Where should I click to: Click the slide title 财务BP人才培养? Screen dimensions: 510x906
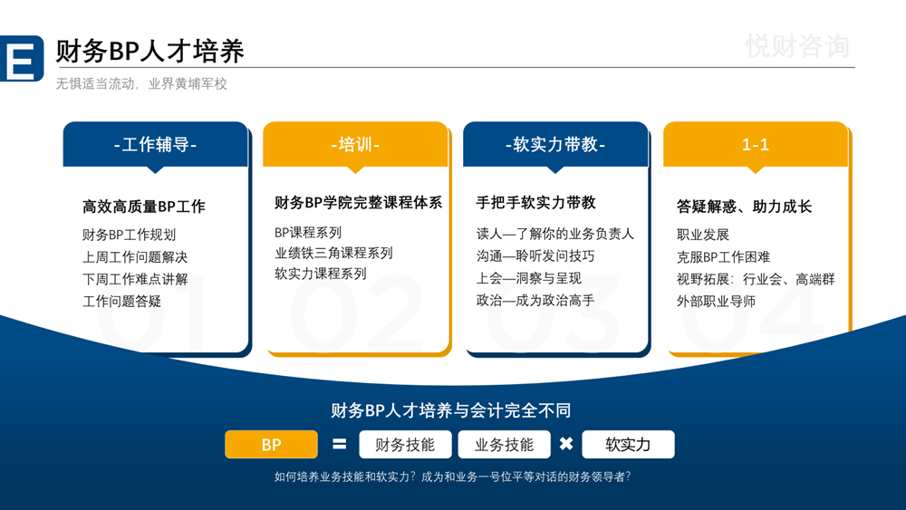tap(149, 51)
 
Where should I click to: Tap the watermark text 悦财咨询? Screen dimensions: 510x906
tap(797, 45)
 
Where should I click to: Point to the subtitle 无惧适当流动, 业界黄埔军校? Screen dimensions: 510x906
tap(141, 83)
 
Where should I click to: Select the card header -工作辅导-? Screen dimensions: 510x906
tap(155, 145)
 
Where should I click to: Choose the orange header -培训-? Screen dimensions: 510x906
tap(355, 145)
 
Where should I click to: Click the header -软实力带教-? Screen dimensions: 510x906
tap(555, 145)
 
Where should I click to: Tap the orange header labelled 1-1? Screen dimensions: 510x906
tap(756, 145)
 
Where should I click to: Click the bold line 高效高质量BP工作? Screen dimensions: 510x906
tap(144, 207)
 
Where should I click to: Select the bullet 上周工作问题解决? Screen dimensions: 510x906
tap(135, 257)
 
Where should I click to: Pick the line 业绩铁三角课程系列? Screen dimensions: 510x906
tap(333, 253)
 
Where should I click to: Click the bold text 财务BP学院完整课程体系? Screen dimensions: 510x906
tap(358, 202)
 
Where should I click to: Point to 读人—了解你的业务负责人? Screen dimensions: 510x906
tap(555, 234)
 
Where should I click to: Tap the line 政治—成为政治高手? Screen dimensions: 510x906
tap(535, 300)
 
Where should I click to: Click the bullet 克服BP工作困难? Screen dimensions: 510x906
tap(723, 256)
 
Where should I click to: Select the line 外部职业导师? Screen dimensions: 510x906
tap(716, 301)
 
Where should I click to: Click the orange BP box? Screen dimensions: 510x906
tap(271, 445)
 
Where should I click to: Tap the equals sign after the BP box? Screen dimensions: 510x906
tap(340, 445)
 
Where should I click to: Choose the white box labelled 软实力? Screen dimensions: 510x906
tap(628, 445)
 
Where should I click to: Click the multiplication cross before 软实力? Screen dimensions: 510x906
tap(566, 445)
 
